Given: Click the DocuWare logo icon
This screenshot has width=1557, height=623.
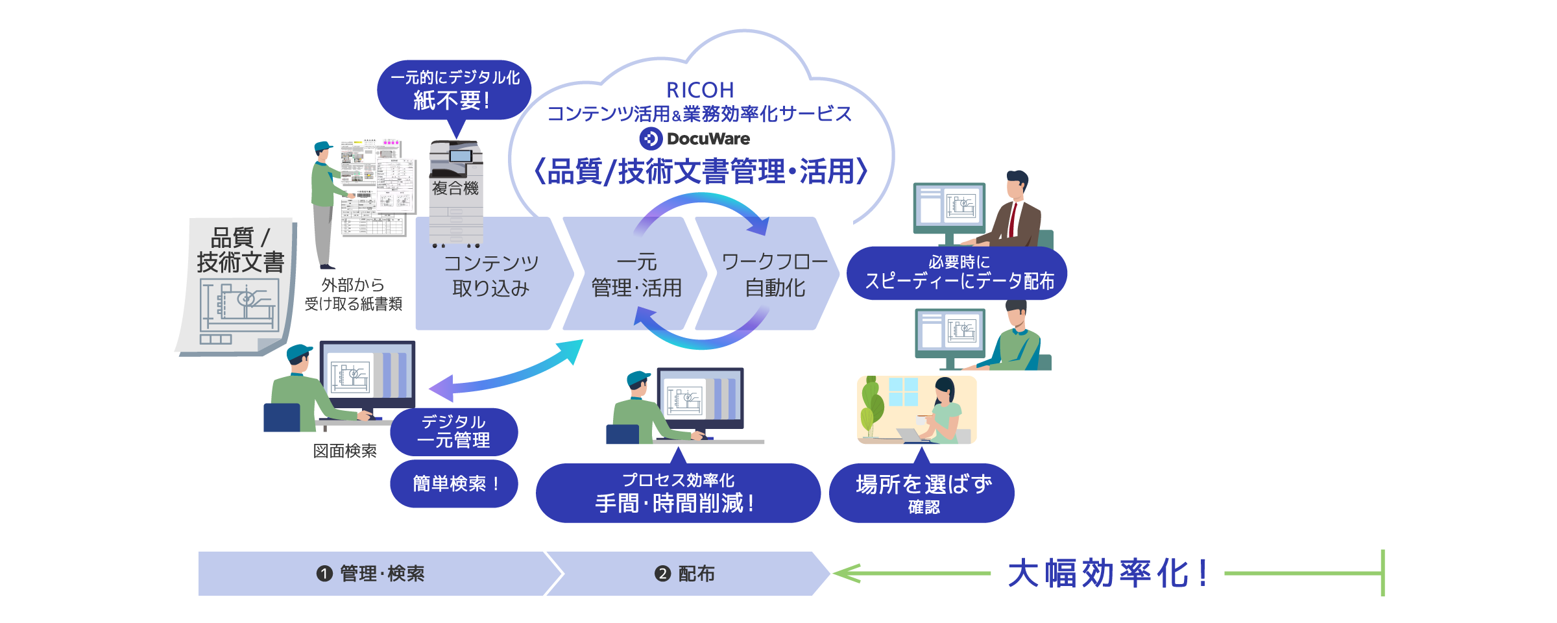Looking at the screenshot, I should [651, 138].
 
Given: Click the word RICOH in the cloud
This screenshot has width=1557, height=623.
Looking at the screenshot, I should [700, 90].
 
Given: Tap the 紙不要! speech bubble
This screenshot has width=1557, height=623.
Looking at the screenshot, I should [454, 90].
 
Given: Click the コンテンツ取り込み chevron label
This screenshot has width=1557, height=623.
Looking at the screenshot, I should [491, 275].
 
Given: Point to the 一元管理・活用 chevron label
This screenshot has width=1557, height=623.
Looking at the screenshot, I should [636, 275].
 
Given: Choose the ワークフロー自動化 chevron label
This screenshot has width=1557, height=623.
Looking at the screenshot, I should [775, 275].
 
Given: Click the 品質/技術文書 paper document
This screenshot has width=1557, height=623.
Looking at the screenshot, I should [237, 286].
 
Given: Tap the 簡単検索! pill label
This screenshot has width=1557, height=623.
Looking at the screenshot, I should [454, 483].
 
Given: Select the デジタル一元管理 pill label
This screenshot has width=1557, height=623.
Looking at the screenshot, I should [453, 432].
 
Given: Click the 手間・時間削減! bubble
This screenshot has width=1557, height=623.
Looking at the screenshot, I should [677, 493].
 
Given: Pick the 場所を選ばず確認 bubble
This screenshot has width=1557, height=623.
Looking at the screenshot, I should [923, 493].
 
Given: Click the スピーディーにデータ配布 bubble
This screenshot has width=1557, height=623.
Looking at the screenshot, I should [958, 273].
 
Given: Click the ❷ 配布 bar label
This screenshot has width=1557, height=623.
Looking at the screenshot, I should [685, 574].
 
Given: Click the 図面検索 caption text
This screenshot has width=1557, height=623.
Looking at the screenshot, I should [344, 451].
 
